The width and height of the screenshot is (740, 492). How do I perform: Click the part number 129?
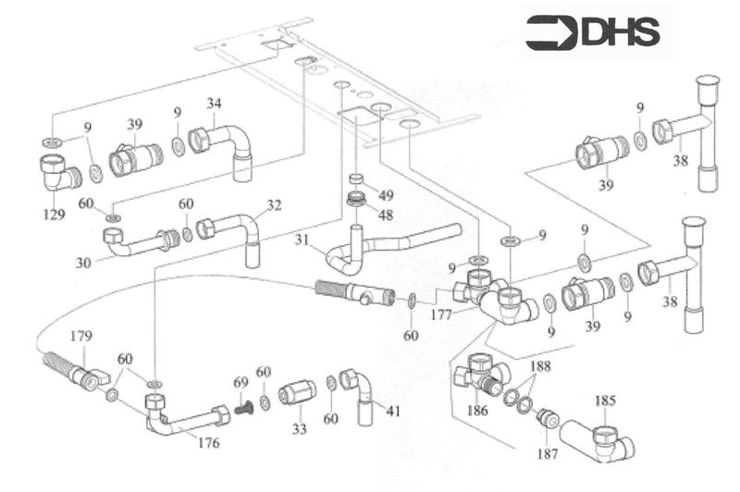[x=54, y=215]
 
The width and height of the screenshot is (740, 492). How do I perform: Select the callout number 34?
[x=214, y=102]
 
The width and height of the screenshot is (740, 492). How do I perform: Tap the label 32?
[x=274, y=204]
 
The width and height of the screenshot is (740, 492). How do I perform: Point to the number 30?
[x=83, y=263]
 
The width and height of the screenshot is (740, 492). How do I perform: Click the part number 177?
[x=440, y=314]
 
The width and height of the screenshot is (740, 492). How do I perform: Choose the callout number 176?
[x=209, y=443]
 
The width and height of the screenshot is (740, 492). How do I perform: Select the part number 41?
[x=393, y=411]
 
